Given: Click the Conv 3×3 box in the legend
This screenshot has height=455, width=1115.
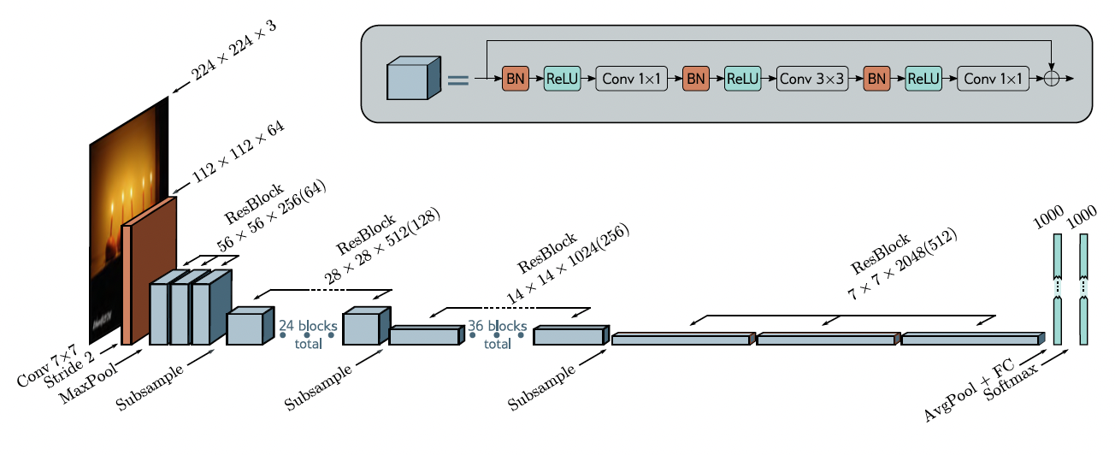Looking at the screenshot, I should [x=812, y=79].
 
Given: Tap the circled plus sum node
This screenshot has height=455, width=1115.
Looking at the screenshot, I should [x=1052, y=78].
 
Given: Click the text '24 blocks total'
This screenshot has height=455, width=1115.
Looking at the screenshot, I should [x=308, y=334].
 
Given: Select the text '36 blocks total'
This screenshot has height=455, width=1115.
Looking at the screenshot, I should [x=497, y=334].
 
